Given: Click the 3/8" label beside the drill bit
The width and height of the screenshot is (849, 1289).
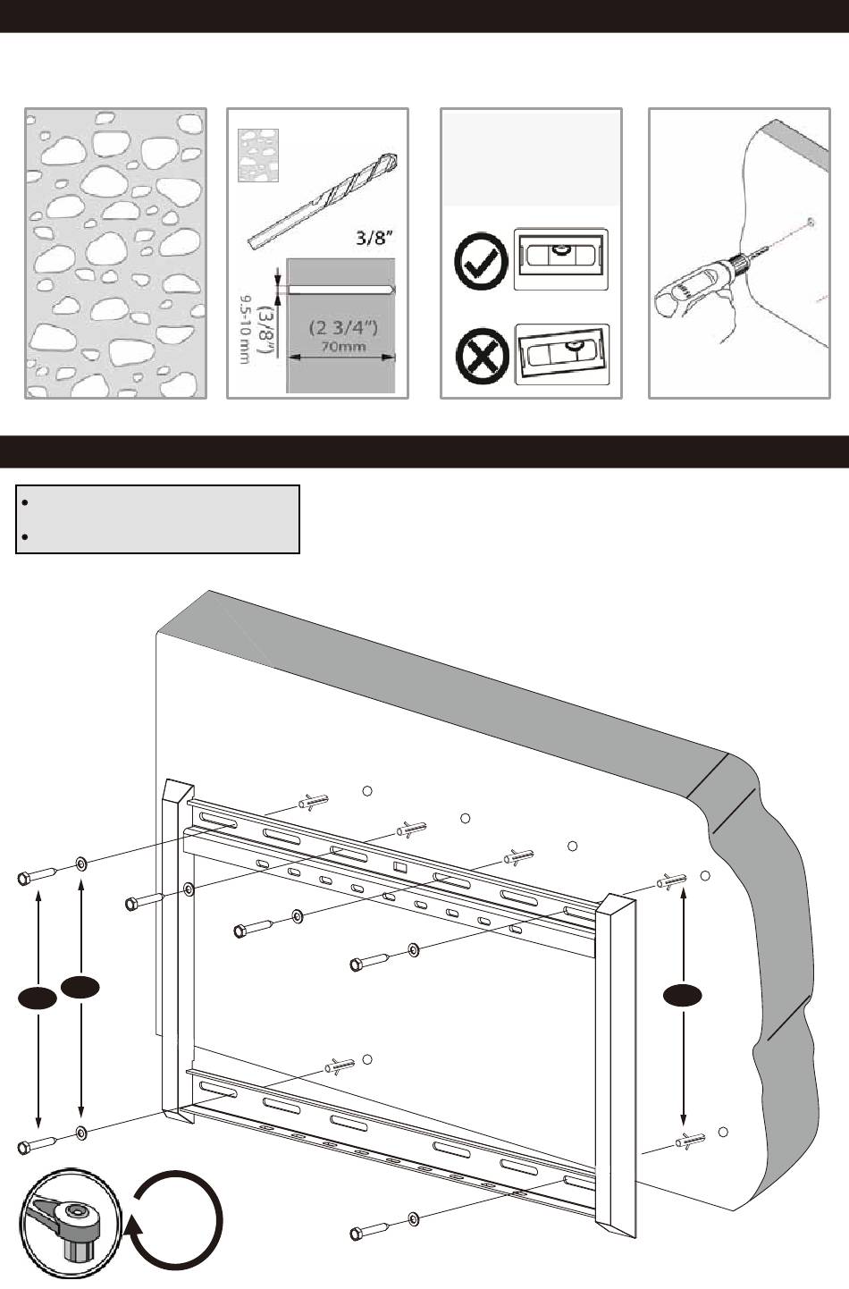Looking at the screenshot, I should (x=367, y=238).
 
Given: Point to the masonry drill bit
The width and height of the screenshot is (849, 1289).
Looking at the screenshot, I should (x=320, y=202).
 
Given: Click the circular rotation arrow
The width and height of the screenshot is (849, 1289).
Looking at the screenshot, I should (x=175, y=1222).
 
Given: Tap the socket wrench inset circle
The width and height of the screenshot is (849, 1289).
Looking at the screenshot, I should (x=69, y=1225).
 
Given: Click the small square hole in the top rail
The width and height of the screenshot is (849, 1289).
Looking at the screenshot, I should (x=399, y=866).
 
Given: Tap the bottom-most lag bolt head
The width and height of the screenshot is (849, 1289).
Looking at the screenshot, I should (x=356, y=1234).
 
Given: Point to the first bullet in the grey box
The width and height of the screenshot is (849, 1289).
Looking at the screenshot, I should (x=28, y=502).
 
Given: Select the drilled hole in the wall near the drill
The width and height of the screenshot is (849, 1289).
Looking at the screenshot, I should (x=809, y=221).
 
